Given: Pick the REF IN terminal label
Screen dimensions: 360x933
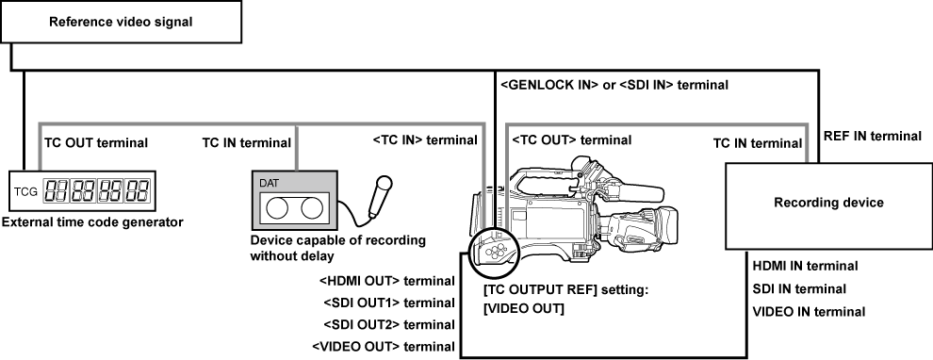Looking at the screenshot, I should coord(872,137).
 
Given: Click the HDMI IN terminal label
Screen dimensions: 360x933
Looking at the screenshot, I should coord(805,268).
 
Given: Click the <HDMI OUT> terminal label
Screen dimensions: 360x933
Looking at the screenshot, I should coord(387,282).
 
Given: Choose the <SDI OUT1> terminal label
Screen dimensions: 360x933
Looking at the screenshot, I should coord(387,303).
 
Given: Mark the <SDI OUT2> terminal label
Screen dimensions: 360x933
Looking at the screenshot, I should coord(387,325).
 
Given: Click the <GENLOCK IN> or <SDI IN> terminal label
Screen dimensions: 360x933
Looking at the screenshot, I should coord(614,85).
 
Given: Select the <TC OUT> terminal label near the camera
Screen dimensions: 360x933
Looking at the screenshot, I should coord(572,139).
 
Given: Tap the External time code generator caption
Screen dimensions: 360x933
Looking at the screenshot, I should coord(92,222).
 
